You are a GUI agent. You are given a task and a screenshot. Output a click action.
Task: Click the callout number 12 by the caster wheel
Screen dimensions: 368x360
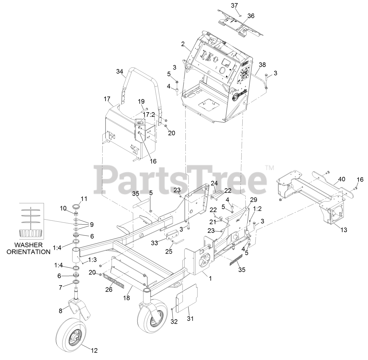pyautogui.click(x=94, y=351)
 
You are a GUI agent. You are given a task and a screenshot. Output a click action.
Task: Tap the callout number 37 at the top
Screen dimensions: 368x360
pyautogui.click(x=235, y=5)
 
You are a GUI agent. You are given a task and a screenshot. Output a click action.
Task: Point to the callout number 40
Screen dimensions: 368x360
pyautogui.click(x=341, y=179)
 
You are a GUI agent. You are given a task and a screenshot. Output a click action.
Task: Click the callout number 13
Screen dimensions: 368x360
pyautogui.click(x=343, y=230)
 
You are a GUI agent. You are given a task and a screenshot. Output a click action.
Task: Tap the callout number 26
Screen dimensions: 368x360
pyautogui.click(x=108, y=290)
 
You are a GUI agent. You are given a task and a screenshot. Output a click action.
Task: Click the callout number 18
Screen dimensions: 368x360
pyautogui.click(x=127, y=298)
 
